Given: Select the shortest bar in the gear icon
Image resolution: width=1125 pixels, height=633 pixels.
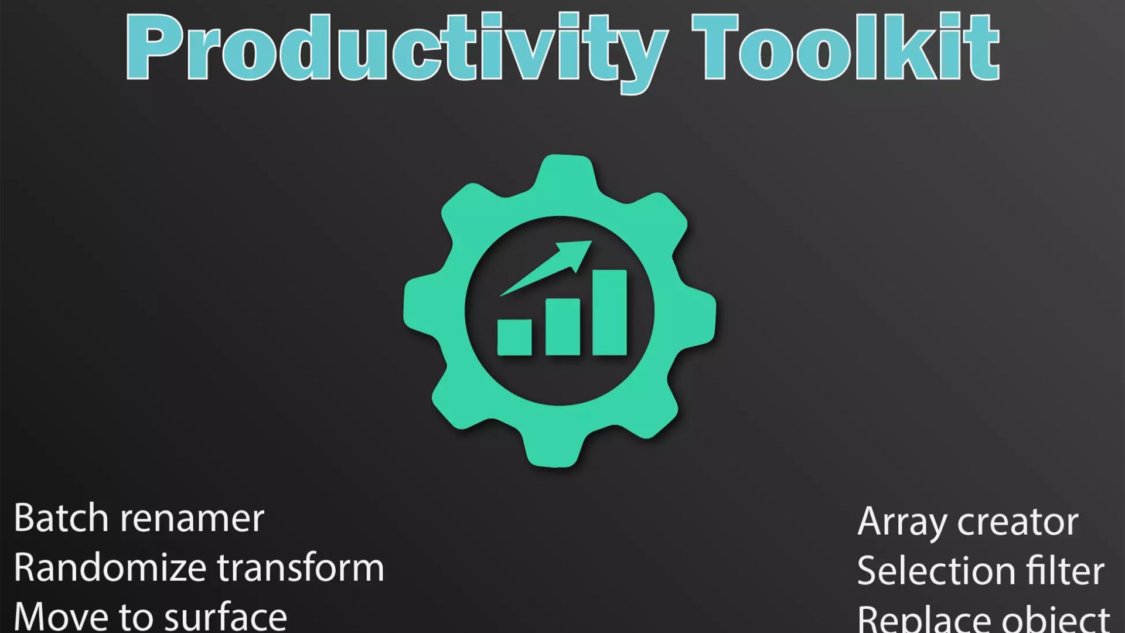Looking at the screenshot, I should pyautogui.click(x=514, y=337).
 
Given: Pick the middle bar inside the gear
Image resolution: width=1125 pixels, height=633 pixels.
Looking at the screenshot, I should pyautogui.click(x=562, y=326).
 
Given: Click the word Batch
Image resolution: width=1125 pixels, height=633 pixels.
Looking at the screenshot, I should pyautogui.click(x=61, y=518).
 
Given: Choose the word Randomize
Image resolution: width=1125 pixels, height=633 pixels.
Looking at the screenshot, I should pyautogui.click(x=109, y=567).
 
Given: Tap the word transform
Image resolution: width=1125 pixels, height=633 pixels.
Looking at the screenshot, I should pyautogui.click(x=301, y=567).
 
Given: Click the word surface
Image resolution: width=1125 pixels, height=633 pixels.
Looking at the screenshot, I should pyautogui.click(x=226, y=617).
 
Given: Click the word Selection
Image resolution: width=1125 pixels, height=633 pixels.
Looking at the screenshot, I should pyautogui.click(x=936, y=571).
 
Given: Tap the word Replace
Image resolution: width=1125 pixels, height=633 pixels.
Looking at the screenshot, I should pyautogui.click(x=923, y=619).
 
